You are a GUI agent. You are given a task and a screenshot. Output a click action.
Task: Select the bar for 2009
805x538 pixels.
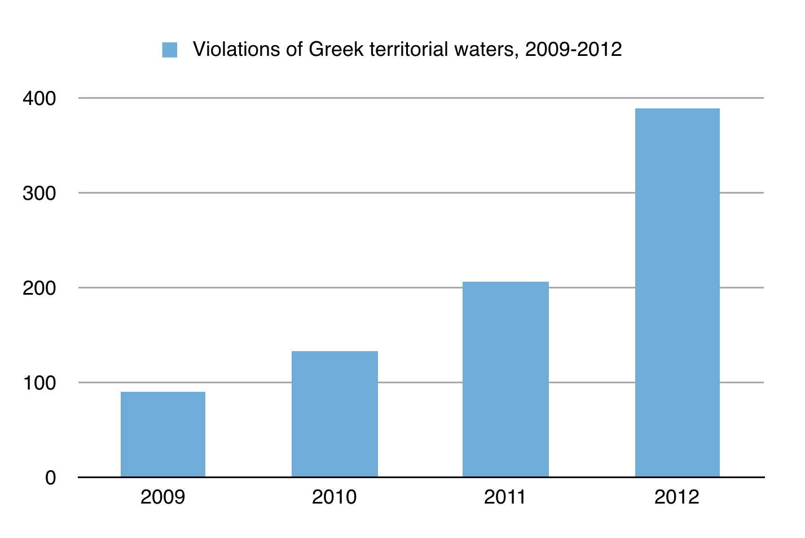(162, 434)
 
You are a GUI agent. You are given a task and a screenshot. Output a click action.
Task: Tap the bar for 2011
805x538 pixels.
(505, 379)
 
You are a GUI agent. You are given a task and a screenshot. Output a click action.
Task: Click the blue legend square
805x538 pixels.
(169, 50)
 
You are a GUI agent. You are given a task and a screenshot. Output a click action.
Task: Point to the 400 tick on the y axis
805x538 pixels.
(39, 98)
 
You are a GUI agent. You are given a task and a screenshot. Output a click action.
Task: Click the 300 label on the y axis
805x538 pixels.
(39, 193)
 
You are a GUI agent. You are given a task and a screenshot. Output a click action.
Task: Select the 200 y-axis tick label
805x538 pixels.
(39, 288)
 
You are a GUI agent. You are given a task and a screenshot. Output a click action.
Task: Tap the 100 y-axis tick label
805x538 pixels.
(39, 383)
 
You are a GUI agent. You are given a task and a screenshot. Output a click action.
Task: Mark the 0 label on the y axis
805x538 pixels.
(51, 478)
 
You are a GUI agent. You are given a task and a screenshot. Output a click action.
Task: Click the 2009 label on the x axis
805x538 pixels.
(162, 497)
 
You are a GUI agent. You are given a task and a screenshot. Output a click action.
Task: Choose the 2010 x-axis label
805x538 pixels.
(335, 497)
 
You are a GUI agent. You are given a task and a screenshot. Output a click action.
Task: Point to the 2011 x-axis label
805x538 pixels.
(505, 497)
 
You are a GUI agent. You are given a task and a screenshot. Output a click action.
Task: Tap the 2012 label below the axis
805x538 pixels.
(676, 497)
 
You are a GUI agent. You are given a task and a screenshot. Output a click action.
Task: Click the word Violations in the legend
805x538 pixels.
(236, 50)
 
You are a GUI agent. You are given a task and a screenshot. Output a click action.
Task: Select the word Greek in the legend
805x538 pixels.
(336, 50)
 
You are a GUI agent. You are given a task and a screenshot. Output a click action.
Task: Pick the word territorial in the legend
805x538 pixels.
(408, 50)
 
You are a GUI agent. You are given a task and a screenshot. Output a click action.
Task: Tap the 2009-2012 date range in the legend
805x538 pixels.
(573, 50)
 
